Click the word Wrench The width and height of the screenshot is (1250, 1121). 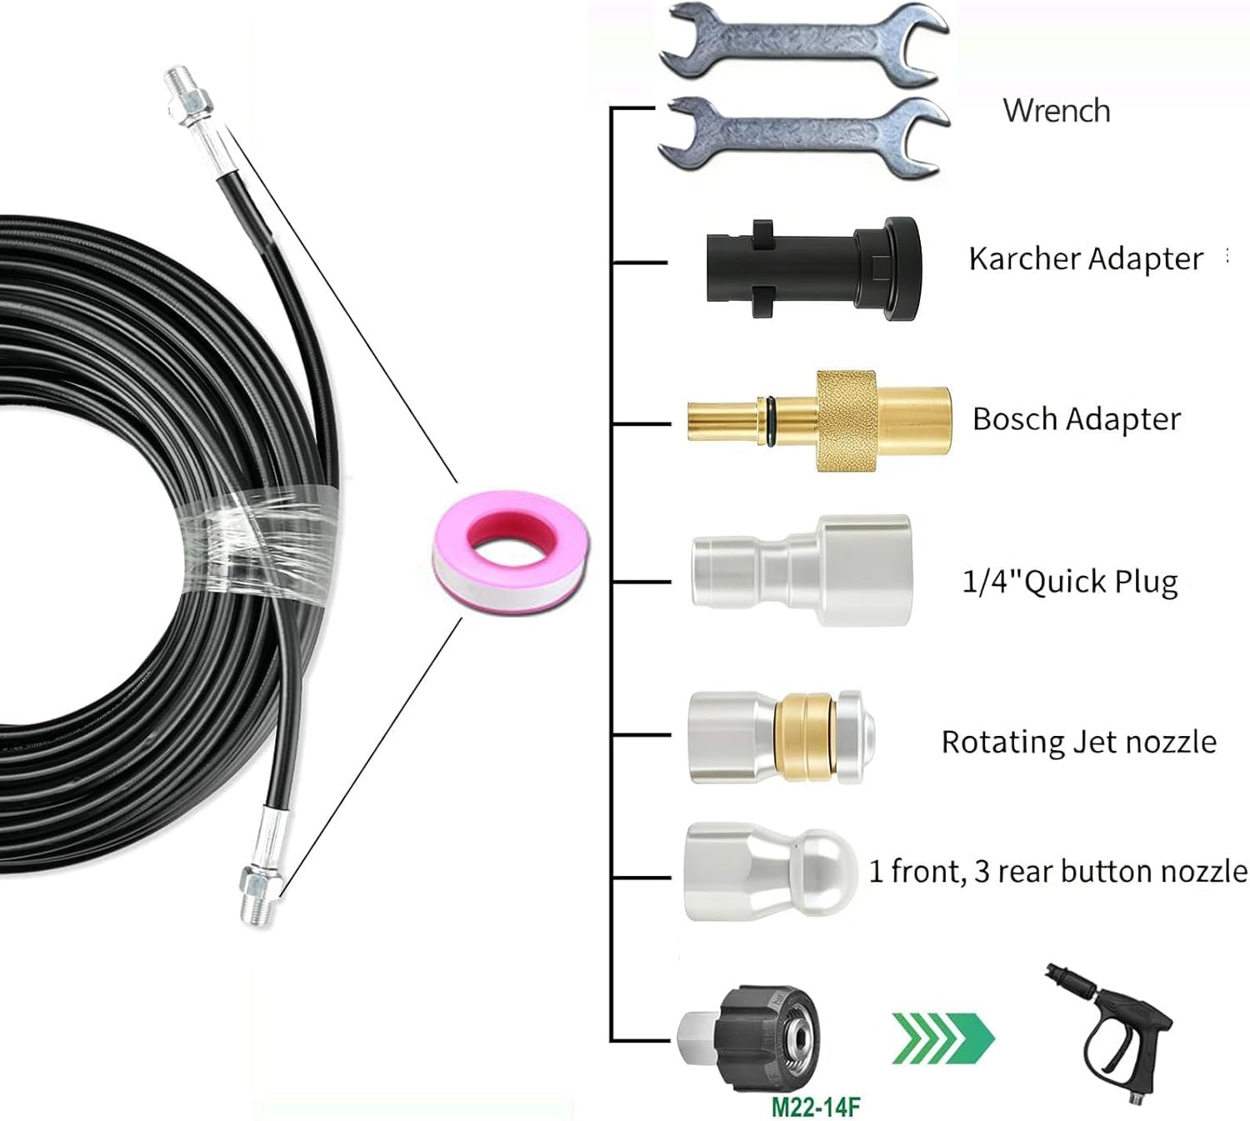click(1057, 111)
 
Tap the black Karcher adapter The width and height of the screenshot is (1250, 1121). click(814, 268)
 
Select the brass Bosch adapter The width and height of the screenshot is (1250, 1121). click(819, 422)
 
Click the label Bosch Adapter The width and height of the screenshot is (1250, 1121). click(1077, 419)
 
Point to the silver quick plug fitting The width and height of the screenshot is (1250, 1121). click(801, 570)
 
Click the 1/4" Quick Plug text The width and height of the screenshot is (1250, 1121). click(1070, 582)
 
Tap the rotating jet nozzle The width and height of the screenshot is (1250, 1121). click(782, 737)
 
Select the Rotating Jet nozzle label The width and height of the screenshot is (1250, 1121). click(1079, 742)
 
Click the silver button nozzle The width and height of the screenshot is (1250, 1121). click(771, 871)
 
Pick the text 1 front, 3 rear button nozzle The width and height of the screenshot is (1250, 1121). click(1058, 871)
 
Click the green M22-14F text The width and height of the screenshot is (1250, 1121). click(816, 1106)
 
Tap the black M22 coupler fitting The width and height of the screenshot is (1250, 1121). click(749, 1038)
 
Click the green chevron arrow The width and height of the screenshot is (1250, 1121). click(943, 1038)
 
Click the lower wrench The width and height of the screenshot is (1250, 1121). click(804, 137)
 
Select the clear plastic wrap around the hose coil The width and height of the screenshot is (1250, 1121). click(259, 544)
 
